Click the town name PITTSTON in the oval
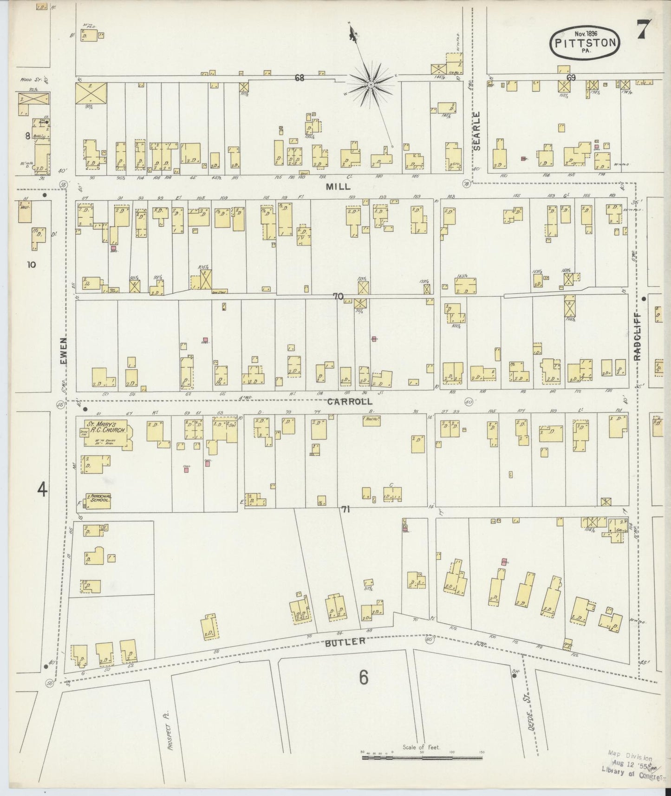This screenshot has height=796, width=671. click(585, 43)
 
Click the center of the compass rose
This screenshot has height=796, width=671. click(371, 85)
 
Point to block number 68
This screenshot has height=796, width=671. click(299, 78)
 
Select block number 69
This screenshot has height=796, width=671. click(571, 78)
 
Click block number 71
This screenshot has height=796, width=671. click(345, 510)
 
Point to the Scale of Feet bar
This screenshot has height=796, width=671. click(422, 757)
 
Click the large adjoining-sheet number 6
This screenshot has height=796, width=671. click(363, 677)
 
